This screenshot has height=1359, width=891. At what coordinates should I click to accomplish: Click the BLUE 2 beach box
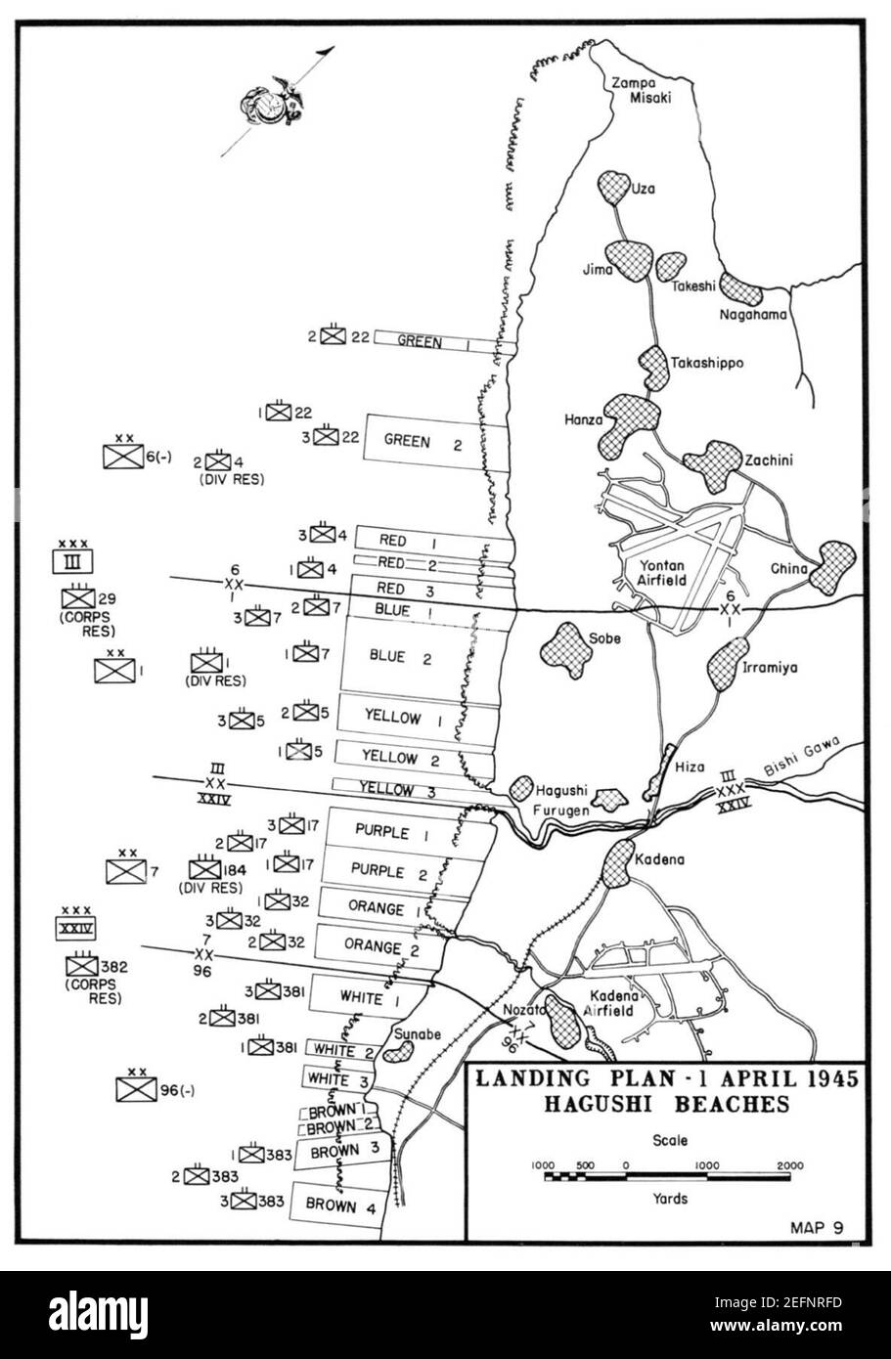click(413, 658)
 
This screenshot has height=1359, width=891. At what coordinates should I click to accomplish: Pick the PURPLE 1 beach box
click(407, 835)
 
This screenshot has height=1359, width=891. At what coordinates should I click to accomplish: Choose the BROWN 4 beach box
click(343, 1208)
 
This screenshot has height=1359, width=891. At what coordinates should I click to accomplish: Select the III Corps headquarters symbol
click(75, 560)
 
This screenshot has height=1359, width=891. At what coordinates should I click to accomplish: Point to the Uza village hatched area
click(614, 187)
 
